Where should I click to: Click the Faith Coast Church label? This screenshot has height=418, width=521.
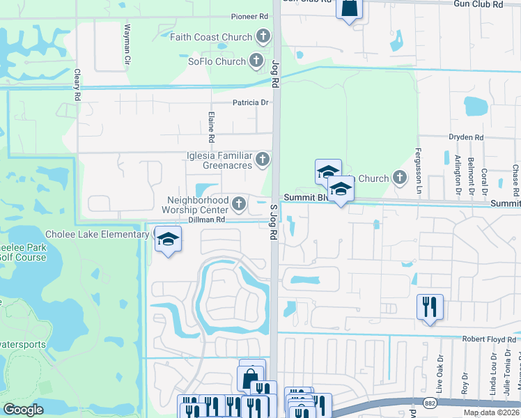(212, 37)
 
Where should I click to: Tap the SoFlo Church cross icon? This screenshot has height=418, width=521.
(257, 61)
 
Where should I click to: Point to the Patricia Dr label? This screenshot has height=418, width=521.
(251, 102)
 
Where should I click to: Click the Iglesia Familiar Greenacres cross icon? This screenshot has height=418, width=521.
(263, 160)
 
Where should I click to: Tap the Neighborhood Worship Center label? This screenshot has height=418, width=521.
(195, 204)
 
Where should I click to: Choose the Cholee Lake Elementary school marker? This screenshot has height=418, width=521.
(166, 240)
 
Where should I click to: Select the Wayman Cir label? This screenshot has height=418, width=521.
(127, 45)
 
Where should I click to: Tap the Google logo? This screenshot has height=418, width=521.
(23, 410)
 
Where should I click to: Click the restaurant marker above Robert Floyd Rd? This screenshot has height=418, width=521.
(429, 307)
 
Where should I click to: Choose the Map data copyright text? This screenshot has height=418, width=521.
(491, 412)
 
